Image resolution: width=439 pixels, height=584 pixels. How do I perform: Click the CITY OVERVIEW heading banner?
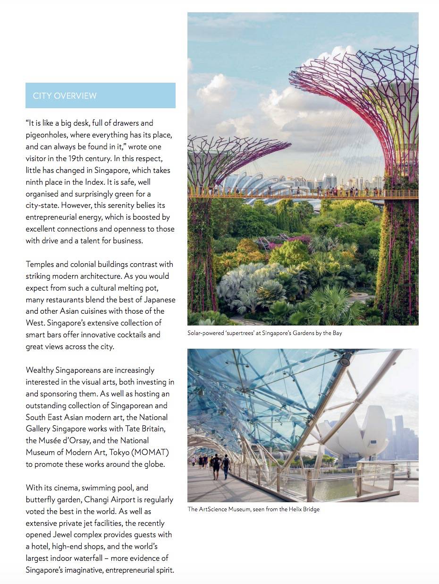click(100, 95)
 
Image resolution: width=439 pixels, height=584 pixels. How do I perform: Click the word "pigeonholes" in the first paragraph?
click(47, 135)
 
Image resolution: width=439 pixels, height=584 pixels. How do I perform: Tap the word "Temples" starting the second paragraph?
click(41, 264)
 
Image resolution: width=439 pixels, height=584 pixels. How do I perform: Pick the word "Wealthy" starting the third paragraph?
click(42, 370)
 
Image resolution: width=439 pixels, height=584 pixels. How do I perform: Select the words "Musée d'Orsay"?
click(63, 440)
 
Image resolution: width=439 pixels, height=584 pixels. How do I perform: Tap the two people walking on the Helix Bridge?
click(220, 466)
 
